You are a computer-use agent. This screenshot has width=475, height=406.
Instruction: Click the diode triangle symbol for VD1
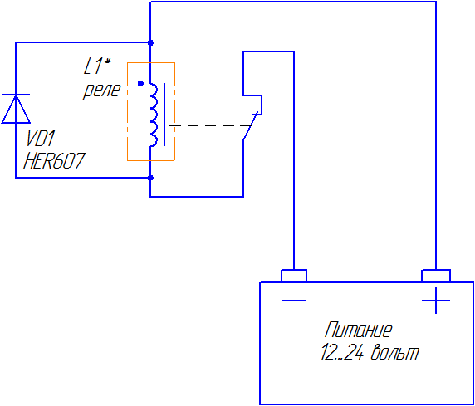pos(16,109)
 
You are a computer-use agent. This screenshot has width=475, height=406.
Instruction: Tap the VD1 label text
pos(41,139)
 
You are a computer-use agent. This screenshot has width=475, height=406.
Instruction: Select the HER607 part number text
pos(54,160)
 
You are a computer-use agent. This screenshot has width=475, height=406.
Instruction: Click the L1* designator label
pos(97,66)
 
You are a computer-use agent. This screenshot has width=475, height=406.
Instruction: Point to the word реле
pos(102,90)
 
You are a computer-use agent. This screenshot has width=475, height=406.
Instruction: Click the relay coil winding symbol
pos(154,115)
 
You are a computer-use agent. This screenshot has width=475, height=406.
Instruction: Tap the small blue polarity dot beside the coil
pos(140,83)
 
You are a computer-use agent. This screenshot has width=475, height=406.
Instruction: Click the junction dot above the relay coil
pos(150,42)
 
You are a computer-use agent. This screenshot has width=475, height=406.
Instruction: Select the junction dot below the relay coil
pos(150,178)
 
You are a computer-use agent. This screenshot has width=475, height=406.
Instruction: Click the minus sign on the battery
pos(294,301)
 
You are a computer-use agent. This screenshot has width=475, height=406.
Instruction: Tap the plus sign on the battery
pos(436,301)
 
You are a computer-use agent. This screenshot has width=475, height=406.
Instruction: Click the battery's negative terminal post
pos(294,276)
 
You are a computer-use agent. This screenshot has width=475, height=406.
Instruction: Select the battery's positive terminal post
pos(436,276)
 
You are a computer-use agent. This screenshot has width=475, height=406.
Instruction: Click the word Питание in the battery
pos(359,330)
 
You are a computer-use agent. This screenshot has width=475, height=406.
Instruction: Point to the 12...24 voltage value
pos(342,352)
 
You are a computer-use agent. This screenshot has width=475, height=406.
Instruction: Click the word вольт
pos(395,352)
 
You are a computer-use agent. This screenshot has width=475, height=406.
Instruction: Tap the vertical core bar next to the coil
pos(164,115)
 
